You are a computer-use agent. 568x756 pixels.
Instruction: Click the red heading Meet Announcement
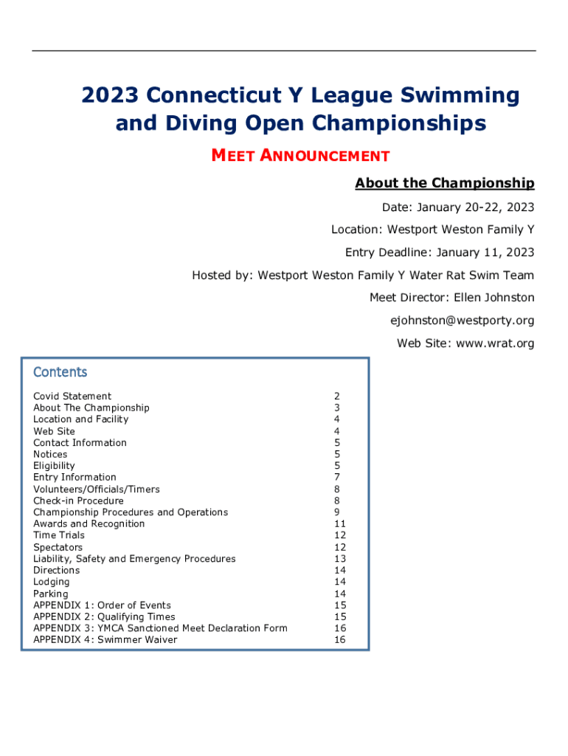click(300, 156)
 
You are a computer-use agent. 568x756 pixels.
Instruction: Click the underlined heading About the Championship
click(444, 183)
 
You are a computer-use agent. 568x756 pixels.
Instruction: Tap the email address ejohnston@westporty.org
click(462, 320)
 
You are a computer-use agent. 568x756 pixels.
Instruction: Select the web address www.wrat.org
click(494, 343)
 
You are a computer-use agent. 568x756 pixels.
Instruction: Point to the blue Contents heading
click(60, 372)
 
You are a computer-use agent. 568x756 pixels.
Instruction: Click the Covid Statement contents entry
click(72, 396)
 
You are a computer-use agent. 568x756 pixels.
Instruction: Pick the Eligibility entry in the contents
click(54, 466)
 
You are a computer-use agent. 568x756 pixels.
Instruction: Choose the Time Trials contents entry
click(59, 535)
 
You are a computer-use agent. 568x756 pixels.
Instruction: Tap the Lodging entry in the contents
click(52, 582)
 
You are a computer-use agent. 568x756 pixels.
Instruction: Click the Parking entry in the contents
click(50, 594)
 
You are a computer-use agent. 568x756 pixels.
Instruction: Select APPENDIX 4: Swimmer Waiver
click(105, 639)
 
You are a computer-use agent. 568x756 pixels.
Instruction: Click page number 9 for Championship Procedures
click(337, 512)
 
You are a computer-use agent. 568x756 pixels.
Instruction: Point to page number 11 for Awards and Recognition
click(339, 524)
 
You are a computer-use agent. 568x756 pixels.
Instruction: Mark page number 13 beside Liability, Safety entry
click(339, 559)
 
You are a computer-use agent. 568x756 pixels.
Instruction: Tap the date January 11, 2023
click(485, 252)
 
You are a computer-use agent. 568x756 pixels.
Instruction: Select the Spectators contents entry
click(58, 547)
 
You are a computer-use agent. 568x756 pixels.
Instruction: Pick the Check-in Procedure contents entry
click(78, 501)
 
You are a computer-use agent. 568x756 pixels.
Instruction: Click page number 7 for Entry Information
click(337, 478)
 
